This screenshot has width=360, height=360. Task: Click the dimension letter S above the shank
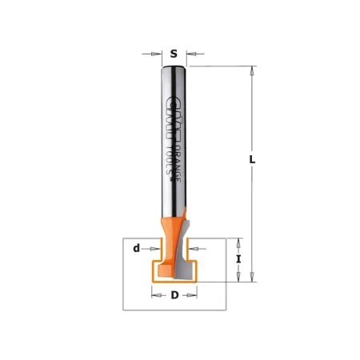[x=174, y=54]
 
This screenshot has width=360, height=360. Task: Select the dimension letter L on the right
[x=252, y=159]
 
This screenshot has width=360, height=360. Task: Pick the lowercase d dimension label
[x=137, y=249]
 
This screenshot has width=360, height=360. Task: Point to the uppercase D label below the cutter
[x=174, y=296]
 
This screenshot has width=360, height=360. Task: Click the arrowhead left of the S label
[x=156, y=54]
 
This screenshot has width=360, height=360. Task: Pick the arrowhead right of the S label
[x=192, y=54]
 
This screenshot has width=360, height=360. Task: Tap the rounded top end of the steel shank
[x=174, y=67]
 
